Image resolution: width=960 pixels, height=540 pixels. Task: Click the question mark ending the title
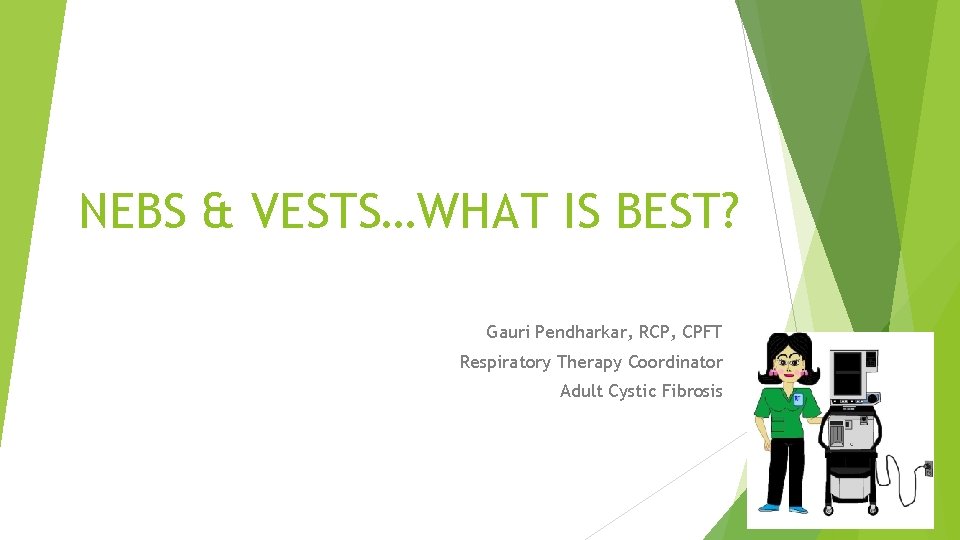pyautogui.click(x=726, y=211)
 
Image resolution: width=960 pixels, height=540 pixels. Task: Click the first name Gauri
pyautogui.click(x=509, y=331)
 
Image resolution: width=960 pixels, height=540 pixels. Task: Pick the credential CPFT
pyautogui.click(x=704, y=331)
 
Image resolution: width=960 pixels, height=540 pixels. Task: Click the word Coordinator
pyautogui.click(x=675, y=362)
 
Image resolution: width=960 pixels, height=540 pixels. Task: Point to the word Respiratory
pyautogui.click(x=505, y=362)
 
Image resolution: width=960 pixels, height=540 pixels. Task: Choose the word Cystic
pyautogui.click(x=633, y=391)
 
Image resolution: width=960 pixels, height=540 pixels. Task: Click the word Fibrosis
pyautogui.click(x=692, y=391)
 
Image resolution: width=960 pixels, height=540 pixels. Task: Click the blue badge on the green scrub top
pyautogui.click(x=797, y=400)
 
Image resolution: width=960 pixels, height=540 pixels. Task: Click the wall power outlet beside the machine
pyautogui.click(x=927, y=468)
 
